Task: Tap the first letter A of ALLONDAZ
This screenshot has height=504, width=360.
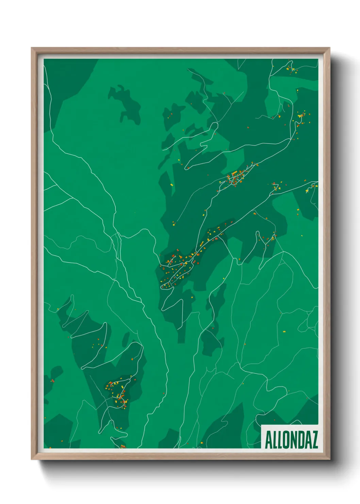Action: click(x=268, y=440)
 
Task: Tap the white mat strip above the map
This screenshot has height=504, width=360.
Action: click(x=180, y=57)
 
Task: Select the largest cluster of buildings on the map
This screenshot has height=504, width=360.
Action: click(x=179, y=266)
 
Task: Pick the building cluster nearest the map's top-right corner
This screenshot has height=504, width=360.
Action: click(x=291, y=68)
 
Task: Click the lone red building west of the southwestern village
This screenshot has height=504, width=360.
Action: click(x=53, y=380)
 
